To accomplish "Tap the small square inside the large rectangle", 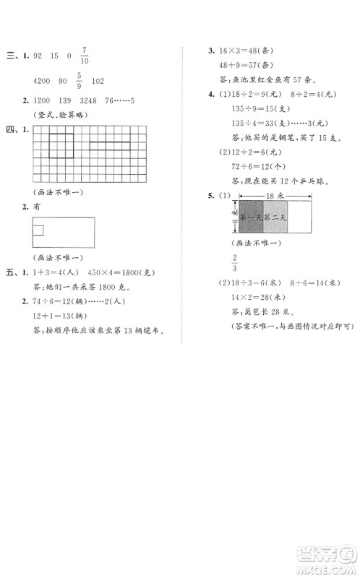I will (39, 230).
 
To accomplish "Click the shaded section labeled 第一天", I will (251, 217).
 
